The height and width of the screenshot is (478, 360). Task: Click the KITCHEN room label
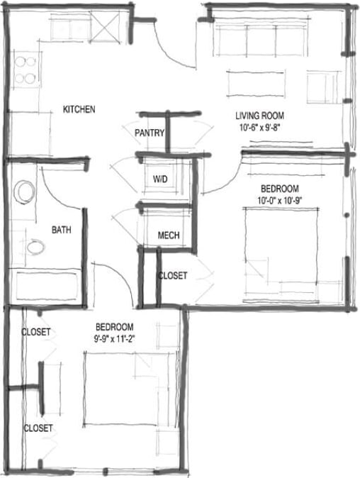(x=79, y=109)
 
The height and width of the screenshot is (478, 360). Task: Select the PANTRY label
(x=150, y=133)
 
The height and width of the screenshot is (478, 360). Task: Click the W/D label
(x=161, y=179)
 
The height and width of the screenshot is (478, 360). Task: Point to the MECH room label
(x=168, y=235)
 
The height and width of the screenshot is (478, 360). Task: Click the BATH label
(x=61, y=230)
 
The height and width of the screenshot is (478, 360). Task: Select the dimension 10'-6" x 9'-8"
(x=260, y=128)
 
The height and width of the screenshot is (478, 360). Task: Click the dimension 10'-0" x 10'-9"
(x=280, y=199)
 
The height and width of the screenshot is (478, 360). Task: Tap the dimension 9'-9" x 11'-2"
(x=115, y=338)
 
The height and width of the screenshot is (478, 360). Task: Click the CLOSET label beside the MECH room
(x=172, y=275)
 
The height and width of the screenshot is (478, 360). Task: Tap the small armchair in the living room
(x=322, y=87)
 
